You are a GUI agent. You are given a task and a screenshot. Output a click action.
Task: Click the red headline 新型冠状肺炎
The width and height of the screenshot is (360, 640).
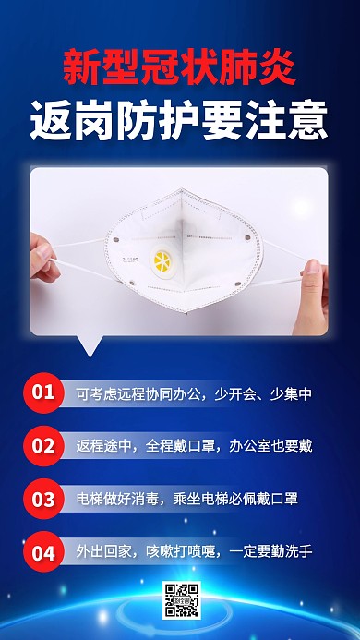(180, 66)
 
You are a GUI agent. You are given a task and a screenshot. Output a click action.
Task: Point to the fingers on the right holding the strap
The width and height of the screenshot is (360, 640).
(314, 277)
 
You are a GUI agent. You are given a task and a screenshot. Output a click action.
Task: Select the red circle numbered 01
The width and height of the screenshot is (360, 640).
(44, 392)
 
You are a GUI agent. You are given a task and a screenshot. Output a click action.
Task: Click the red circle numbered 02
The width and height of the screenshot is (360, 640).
(44, 445)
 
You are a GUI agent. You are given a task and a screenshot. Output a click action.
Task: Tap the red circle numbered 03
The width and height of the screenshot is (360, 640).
(44, 499)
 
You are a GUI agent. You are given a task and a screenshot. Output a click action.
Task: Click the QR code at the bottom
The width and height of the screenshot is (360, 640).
(181, 600)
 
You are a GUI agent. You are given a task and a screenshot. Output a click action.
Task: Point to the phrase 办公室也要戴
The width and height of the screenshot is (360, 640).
(269, 446)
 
